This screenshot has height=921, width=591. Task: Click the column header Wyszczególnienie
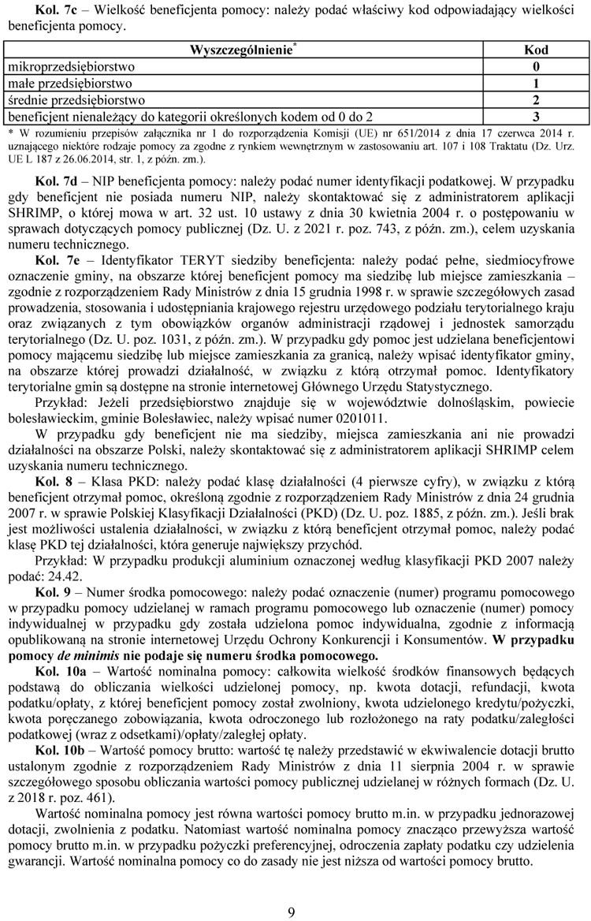coord(240,50)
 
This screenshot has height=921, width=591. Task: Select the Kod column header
coord(536,50)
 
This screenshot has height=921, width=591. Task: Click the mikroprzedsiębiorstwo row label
coord(71,66)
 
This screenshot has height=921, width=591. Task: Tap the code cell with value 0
coord(536,66)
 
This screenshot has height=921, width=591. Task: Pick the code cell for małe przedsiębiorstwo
coord(536,83)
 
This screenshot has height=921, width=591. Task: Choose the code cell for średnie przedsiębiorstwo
coord(536,100)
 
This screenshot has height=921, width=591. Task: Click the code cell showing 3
coord(536,117)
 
